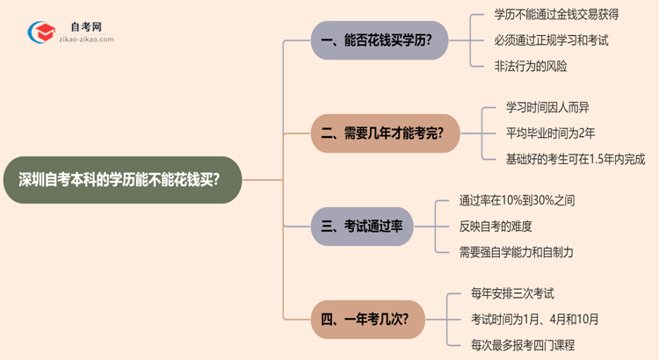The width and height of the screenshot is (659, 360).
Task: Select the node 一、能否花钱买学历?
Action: (x=385, y=40)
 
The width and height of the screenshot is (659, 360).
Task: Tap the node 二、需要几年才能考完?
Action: (x=385, y=134)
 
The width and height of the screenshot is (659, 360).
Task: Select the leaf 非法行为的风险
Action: (x=531, y=66)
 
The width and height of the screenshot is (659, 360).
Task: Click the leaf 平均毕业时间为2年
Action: (x=539, y=134)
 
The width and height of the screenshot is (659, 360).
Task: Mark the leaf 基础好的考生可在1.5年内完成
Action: (x=563, y=159)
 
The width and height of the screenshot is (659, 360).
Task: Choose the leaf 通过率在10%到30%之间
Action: (x=517, y=200)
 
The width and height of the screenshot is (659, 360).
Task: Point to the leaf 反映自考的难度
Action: (x=496, y=226)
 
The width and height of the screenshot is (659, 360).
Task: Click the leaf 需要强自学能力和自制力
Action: (x=516, y=251)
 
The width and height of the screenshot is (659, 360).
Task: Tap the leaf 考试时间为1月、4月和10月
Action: (x=535, y=319)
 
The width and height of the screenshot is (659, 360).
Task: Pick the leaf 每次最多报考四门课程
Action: (x=523, y=344)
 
